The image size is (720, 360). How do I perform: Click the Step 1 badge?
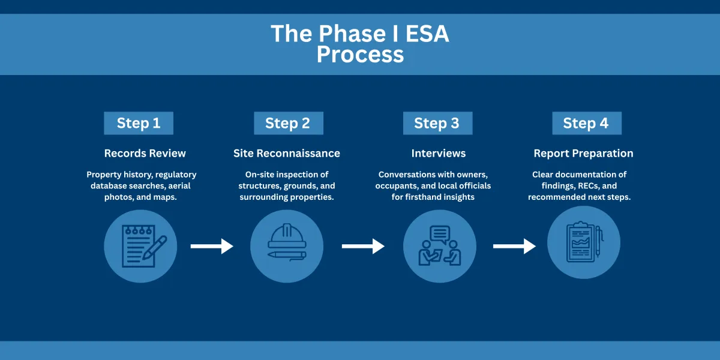pos(139,123)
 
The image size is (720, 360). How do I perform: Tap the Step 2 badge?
pos(288,123)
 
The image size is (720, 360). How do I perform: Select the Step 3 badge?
pos(437,123)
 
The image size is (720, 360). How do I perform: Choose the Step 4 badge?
pos(586,123)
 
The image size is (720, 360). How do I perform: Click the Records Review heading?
pos(145,154)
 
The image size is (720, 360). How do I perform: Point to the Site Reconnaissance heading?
pos(287,154)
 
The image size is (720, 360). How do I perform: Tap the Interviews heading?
pos(439,154)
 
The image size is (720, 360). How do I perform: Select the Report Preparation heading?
pos(583,154)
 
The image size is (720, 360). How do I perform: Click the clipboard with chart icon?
pos(583,242)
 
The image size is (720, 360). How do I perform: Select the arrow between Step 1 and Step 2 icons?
pos(212,246)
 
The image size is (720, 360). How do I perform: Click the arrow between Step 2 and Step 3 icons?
pos(363,246)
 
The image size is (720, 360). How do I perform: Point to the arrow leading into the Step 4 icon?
pos(514,246)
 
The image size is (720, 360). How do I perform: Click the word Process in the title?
pos(360,55)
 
